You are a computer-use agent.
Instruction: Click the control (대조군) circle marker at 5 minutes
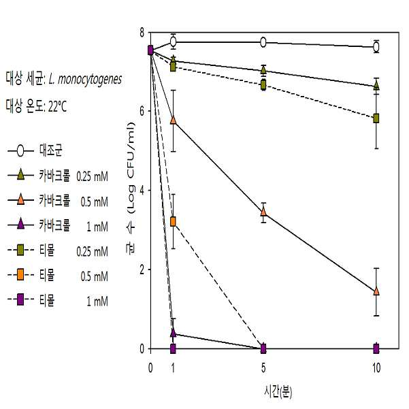click(263, 42)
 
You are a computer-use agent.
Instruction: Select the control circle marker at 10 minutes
click(376, 47)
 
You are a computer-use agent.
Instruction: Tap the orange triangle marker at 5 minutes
click(263, 212)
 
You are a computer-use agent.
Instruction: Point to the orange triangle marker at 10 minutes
click(376, 291)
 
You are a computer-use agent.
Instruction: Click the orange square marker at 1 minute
click(173, 222)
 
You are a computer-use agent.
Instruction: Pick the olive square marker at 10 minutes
click(376, 118)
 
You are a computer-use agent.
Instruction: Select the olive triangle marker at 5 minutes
click(263, 69)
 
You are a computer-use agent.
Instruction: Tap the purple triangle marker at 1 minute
click(174, 333)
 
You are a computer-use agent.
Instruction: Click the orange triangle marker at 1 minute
click(173, 120)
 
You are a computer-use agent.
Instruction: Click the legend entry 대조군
click(35, 150)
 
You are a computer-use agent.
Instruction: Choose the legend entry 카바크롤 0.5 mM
click(58, 201)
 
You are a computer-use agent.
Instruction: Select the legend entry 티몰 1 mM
click(58, 300)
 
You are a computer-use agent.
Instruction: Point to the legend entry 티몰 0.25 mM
click(58, 250)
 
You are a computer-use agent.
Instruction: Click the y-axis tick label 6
click(142, 112)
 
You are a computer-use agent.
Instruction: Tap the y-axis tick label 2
click(142, 269)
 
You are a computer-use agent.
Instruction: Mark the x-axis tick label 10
click(376, 368)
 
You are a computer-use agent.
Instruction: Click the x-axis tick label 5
click(263, 368)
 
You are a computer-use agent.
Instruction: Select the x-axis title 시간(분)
click(278, 392)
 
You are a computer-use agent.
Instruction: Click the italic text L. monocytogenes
click(85, 79)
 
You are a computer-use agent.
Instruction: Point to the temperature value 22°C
click(57, 106)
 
